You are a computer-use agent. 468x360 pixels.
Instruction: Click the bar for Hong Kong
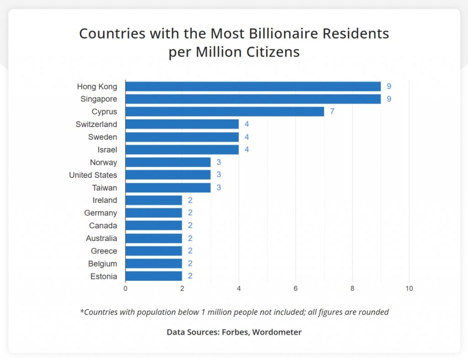pyautogui.click(x=253, y=86)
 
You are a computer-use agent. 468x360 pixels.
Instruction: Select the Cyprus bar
pyautogui.click(x=224, y=111)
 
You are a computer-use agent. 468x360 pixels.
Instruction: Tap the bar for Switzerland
pyautogui.click(x=182, y=124)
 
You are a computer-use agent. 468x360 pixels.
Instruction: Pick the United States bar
pyautogui.click(x=168, y=175)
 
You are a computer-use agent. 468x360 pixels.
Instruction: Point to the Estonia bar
pyautogui.click(x=154, y=276)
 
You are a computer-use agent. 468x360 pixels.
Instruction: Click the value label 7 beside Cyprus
pyautogui.click(x=332, y=111)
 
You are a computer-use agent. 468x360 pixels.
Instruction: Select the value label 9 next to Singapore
pyautogui.click(x=389, y=99)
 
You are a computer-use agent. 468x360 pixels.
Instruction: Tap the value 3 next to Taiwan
pyautogui.click(x=219, y=188)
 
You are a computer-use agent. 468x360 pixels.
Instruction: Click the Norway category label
pyautogui.click(x=103, y=162)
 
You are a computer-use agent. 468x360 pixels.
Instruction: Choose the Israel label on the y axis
pyautogui.click(x=107, y=150)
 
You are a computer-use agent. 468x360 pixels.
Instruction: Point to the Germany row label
pyautogui.click(x=101, y=213)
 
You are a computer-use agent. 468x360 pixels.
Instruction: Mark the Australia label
pyautogui.click(x=101, y=238)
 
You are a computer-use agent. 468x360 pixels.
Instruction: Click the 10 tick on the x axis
pyautogui.click(x=409, y=289)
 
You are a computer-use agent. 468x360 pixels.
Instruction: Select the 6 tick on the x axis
pyautogui.click(x=295, y=289)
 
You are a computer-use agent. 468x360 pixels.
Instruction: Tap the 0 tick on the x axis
pyautogui.click(x=125, y=289)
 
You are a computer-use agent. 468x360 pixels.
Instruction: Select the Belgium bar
pyautogui.click(x=154, y=264)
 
